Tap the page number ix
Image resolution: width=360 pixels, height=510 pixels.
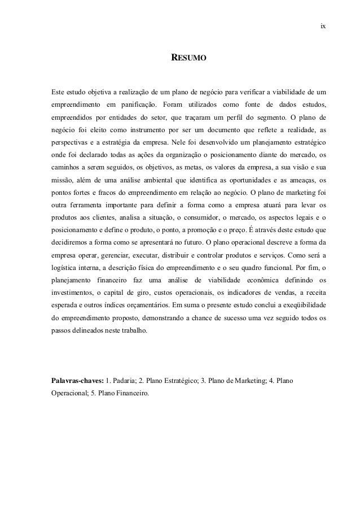(x=322, y=26)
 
